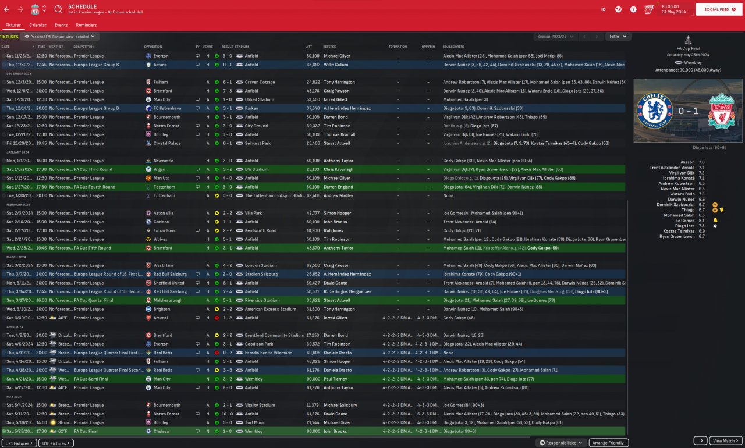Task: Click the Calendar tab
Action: (x=38, y=25)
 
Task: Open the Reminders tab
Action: (x=86, y=25)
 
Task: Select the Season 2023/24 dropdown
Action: (x=555, y=37)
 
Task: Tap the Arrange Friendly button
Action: (x=609, y=443)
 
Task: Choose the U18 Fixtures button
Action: (x=56, y=443)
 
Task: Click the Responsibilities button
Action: (x=561, y=443)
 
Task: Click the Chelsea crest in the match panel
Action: (x=651, y=109)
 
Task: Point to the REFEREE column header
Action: (x=329, y=47)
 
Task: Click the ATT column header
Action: (x=309, y=47)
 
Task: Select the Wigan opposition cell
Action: (x=159, y=169)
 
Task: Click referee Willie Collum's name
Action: (x=336, y=65)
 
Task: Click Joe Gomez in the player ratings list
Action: (x=684, y=221)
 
